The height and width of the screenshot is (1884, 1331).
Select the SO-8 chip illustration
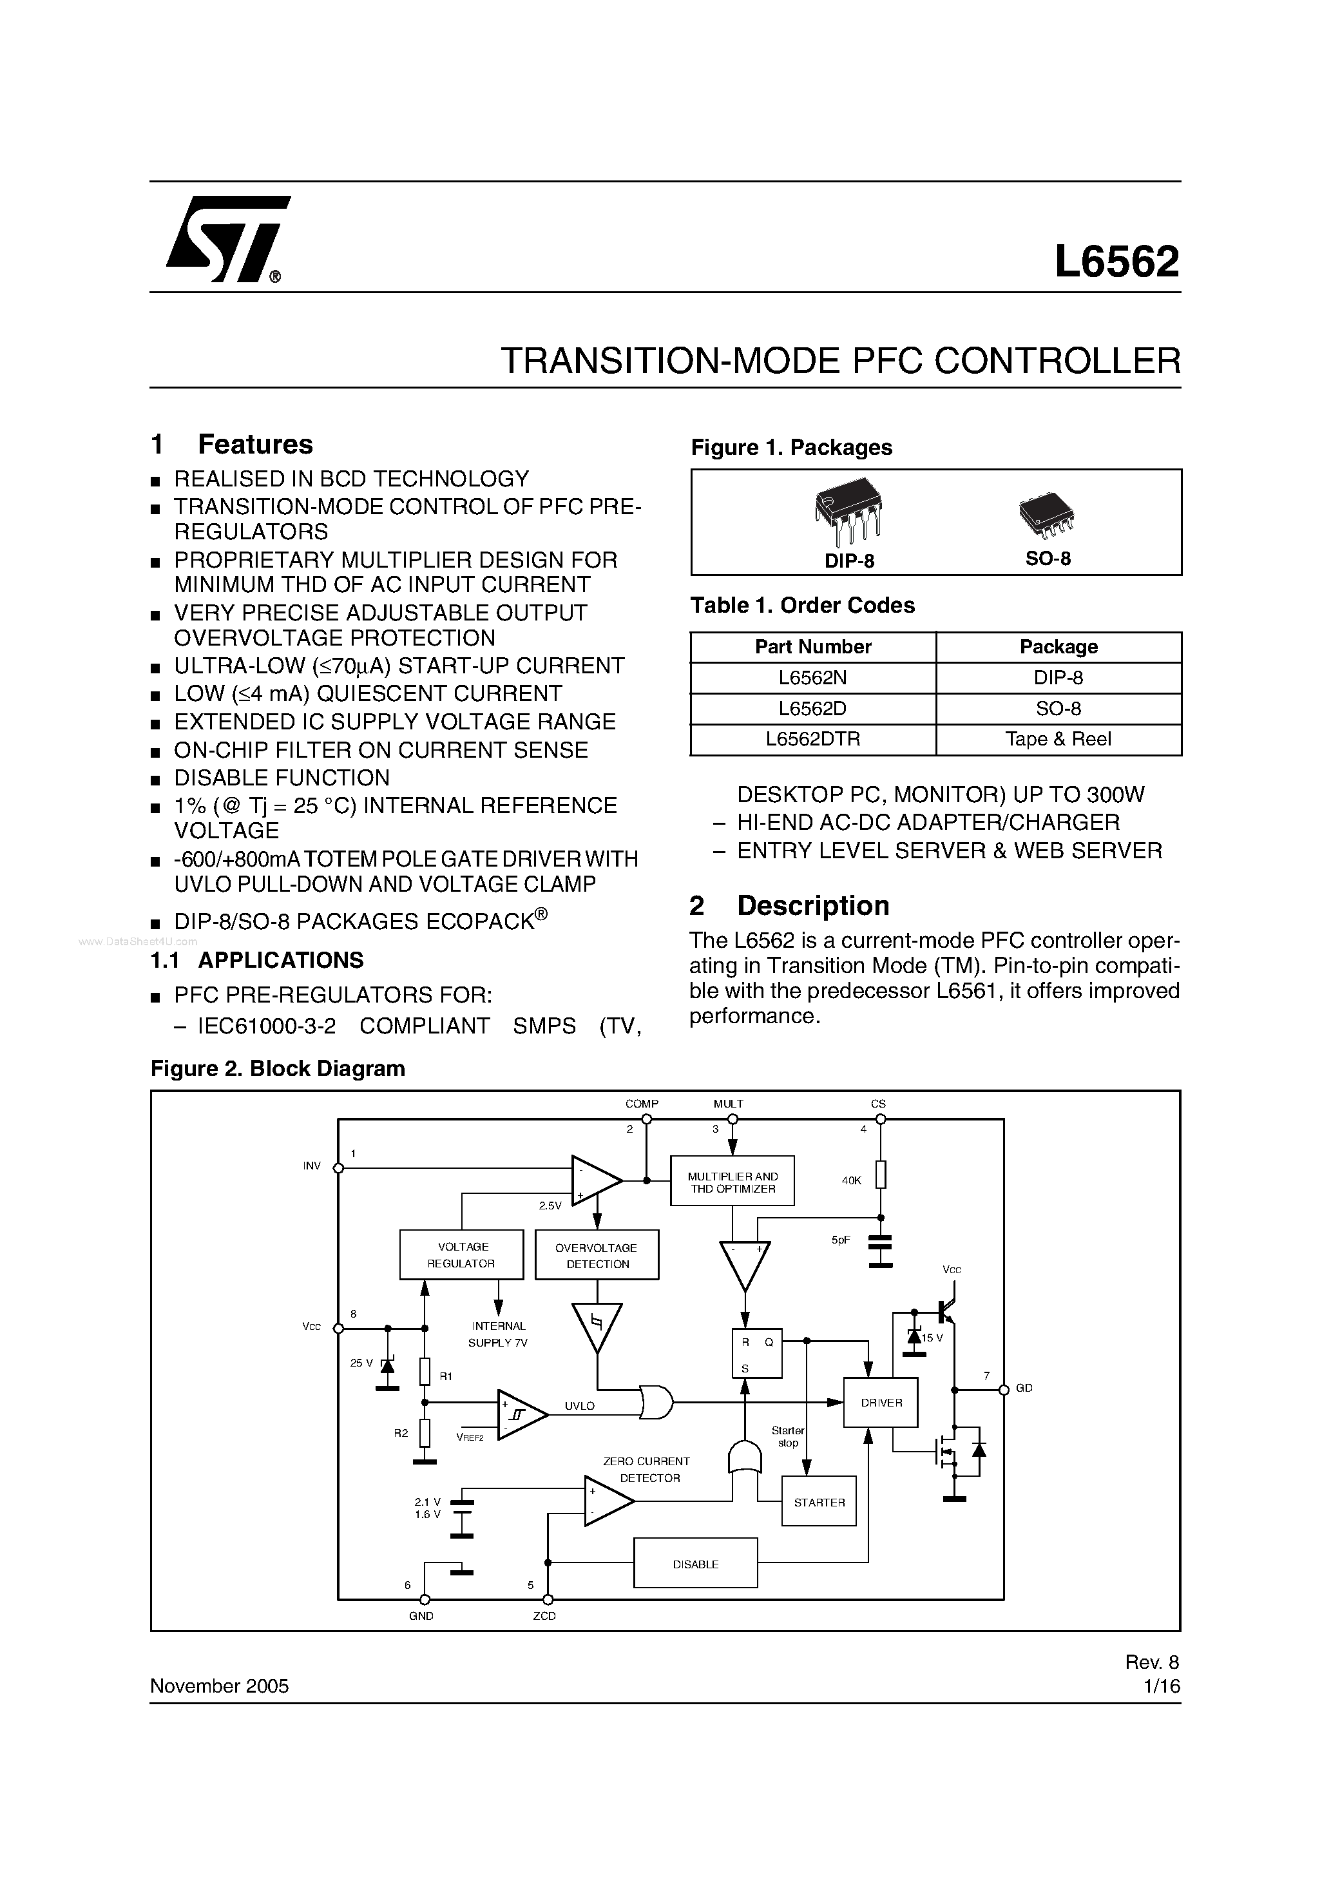(1046, 516)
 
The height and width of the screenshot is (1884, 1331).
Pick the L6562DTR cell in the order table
(812, 739)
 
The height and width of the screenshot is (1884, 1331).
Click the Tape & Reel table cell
(1058, 739)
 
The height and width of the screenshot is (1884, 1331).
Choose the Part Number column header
(812, 647)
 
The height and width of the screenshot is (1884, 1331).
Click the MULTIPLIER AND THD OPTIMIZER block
(732, 1182)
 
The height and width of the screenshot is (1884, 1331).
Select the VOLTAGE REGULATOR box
(461, 1254)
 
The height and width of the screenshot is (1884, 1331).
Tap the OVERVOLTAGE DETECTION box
(597, 1255)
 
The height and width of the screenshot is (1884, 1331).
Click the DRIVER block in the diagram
(881, 1402)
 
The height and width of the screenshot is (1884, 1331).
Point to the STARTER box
(819, 1503)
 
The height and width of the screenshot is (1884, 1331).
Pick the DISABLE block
(695, 1564)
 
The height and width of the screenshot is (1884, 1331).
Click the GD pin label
(1024, 1389)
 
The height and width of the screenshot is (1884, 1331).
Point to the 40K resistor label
(852, 1180)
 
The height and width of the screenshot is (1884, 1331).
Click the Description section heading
(812, 905)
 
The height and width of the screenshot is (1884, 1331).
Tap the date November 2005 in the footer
(219, 1686)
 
